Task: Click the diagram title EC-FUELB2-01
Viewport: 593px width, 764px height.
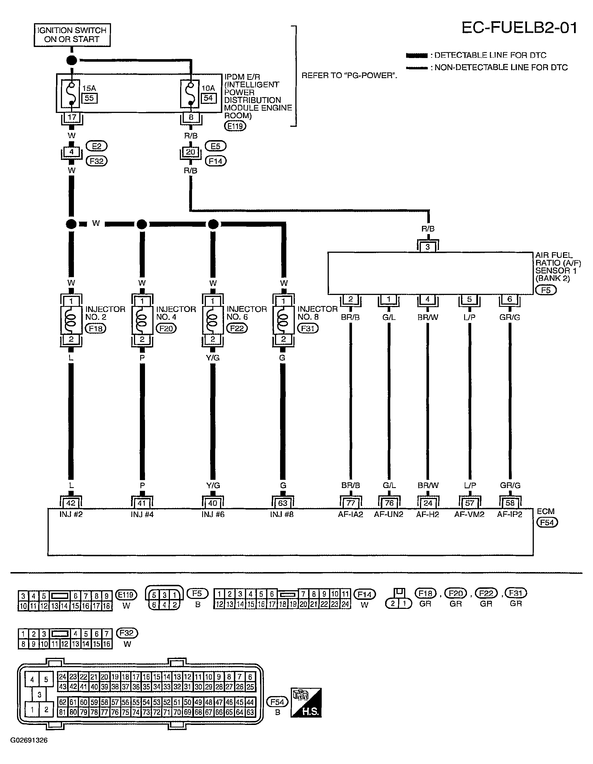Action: pos(519,28)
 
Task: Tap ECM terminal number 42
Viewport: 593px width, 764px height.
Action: pos(71,503)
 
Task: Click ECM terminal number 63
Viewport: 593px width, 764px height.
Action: pos(283,503)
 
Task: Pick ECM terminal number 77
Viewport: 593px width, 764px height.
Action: pos(350,503)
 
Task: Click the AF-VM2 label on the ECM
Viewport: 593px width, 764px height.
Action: pos(469,514)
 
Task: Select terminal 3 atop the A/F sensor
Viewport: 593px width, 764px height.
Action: pos(427,247)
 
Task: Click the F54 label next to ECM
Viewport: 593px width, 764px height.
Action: pos(547,522)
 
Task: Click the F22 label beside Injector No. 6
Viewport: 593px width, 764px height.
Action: pos(237,328)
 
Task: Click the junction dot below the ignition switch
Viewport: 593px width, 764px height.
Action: pos(71,60)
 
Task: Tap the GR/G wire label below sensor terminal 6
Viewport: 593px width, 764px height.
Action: pos(510,317)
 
